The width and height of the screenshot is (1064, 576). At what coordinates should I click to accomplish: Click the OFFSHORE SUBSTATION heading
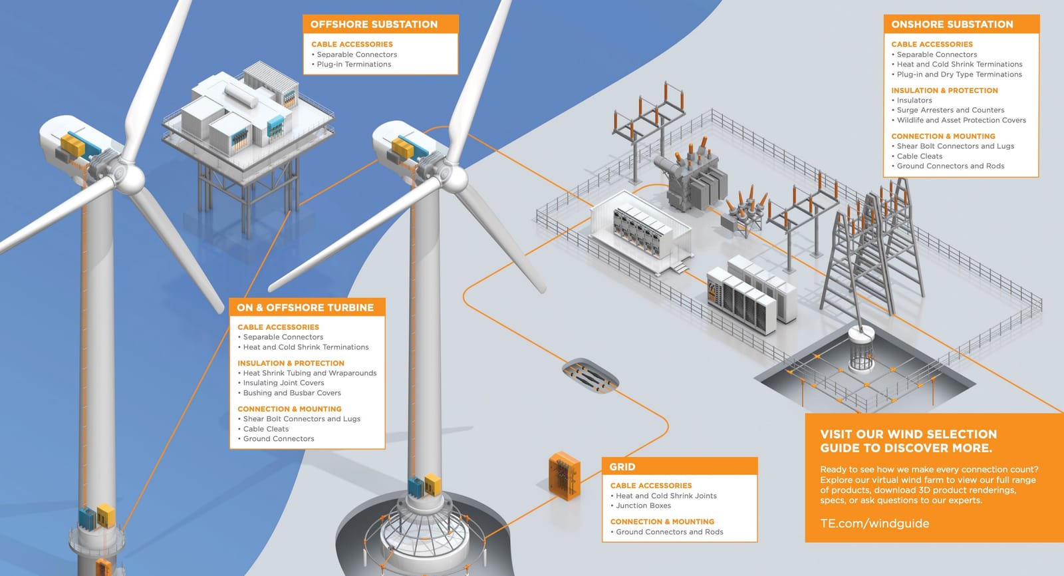[374, 24]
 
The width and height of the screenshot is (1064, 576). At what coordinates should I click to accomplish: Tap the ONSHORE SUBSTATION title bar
[962, 24]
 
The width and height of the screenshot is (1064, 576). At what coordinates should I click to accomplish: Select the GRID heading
[622, 467]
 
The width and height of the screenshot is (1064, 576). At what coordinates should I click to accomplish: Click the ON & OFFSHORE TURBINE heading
[305, 307]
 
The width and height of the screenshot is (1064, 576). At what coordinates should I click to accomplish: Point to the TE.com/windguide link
[874, 523]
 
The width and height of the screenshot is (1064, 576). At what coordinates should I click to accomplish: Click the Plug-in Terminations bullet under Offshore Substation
[352, 64]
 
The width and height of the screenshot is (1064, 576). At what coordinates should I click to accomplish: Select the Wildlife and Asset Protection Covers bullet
[958, 120]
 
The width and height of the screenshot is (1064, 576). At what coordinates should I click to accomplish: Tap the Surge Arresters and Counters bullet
[948, 110]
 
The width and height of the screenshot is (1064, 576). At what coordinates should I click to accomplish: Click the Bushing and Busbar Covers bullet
[289, 393]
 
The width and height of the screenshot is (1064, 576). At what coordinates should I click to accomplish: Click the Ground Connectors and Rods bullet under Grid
[667, 532]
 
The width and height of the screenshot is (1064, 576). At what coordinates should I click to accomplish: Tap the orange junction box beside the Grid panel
[565, 476]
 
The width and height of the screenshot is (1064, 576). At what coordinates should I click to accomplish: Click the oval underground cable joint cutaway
[591, 375]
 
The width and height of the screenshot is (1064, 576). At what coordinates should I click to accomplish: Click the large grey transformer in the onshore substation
[690, 176]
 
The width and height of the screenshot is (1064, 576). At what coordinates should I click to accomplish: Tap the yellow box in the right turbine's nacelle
[403, 148]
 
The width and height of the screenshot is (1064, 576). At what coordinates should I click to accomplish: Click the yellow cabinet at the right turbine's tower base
[433, 484]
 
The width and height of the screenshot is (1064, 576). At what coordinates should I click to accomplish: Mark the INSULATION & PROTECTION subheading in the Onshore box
[944, 90]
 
